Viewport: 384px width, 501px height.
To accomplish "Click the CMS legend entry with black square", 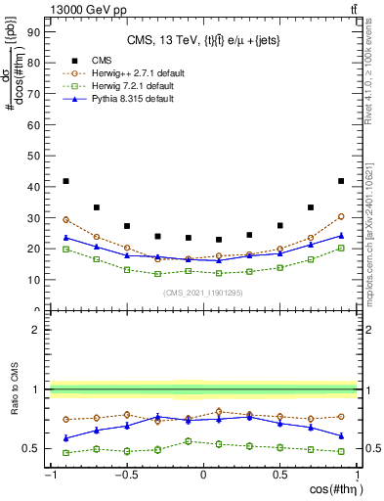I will pos(115,60).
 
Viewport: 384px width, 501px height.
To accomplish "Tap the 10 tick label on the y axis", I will pos(32,279).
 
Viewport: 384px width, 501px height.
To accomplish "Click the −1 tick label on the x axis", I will pos(49,476).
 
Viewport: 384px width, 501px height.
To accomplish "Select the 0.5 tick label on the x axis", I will pos(279,476).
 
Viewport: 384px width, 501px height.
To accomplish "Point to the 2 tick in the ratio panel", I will pos(36,330).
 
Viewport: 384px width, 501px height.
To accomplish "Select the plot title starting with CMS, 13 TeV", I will pos(202,40).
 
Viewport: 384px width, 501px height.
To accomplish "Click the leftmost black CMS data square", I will pos(65,181).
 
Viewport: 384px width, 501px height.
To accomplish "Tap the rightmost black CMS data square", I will pos(341,181).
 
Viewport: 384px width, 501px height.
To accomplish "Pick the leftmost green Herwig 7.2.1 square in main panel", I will pos(65,250).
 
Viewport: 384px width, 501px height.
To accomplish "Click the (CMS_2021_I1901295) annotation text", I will pos(202,294).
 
